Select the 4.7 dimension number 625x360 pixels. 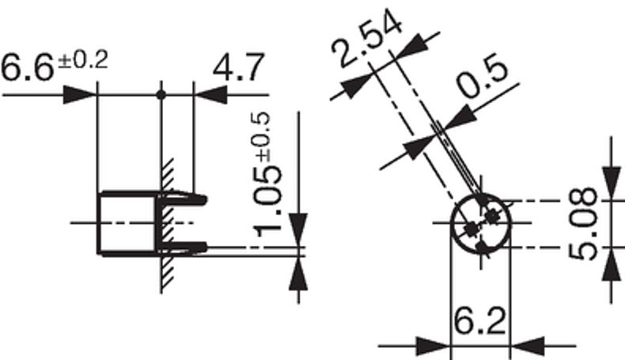coord(238,69)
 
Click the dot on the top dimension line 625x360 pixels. coord(161,95)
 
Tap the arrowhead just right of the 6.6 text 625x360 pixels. coord(80,95)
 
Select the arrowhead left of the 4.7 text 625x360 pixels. coord(208,95)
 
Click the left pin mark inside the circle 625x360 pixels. coord(472,229)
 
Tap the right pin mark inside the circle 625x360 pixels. coord(494,214)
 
